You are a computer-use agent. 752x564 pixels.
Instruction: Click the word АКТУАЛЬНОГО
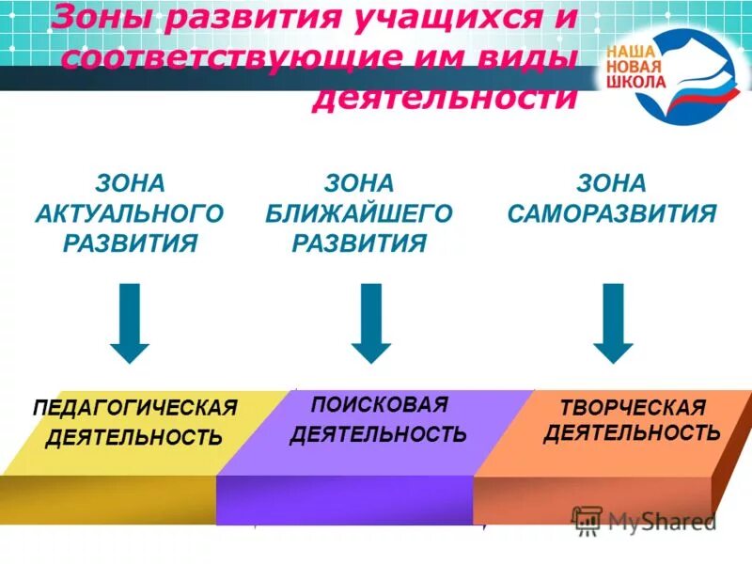point(130,213)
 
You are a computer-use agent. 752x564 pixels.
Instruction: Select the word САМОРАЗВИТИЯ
point(612,213)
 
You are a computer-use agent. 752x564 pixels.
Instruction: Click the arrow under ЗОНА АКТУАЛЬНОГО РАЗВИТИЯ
point(130,323)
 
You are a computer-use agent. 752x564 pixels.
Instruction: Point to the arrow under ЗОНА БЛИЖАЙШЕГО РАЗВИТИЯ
point(371,323)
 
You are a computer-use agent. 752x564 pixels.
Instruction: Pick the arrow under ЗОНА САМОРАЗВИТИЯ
point(615,323)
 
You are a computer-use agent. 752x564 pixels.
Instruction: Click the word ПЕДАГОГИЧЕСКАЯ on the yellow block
point(135,408)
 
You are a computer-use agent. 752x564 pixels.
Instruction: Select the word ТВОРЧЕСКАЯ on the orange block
point(632,407)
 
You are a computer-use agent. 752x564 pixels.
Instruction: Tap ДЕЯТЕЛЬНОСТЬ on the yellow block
point(135,437)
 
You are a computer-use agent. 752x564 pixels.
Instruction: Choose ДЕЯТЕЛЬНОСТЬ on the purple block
point(378,433)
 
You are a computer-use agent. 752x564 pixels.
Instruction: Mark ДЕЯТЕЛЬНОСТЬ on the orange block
point(632,432)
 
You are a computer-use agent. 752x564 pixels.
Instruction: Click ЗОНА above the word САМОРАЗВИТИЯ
point(612,182)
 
